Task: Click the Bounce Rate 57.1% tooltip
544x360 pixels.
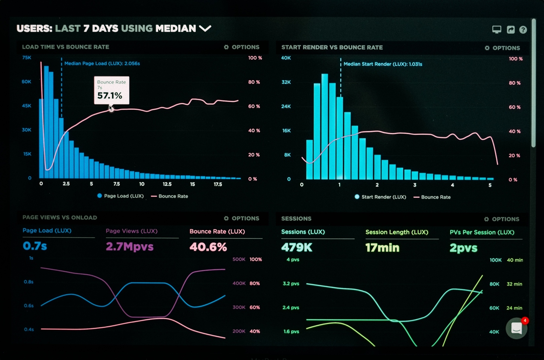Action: (x=111, y=90)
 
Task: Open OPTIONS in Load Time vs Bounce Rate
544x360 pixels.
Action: (x=241, y=47)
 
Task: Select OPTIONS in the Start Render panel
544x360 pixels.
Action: (x=502, y=48)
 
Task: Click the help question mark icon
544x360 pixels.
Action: (x=523, y=30)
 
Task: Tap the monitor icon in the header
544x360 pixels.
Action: (x=496, y=30)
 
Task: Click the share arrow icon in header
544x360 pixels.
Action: (x=510, y=30)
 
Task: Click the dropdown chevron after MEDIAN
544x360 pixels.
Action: (x=205, y=28)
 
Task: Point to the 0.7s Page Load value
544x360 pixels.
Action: (x=35, y=246)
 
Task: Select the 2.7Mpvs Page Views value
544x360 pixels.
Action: (x=129, y=246)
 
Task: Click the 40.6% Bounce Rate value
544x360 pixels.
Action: (x=208, y=247)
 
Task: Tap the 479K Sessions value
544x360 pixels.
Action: (x=297, y=247)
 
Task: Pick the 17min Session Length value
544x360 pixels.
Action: (x=382, y=248)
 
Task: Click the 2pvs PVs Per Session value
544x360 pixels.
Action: (x=463, y=248)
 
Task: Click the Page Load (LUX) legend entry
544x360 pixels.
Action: (x=120, y=196)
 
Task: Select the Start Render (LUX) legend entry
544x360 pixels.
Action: (x=380, y=197)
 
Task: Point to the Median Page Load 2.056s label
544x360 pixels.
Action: (x=102, y=64)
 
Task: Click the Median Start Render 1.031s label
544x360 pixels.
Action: (x=383, y=64)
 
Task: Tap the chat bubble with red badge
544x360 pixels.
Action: (x=517, y=328)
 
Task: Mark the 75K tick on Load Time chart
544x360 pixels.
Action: (x=27, y=58)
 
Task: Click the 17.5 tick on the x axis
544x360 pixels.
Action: (x=218, y=184)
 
